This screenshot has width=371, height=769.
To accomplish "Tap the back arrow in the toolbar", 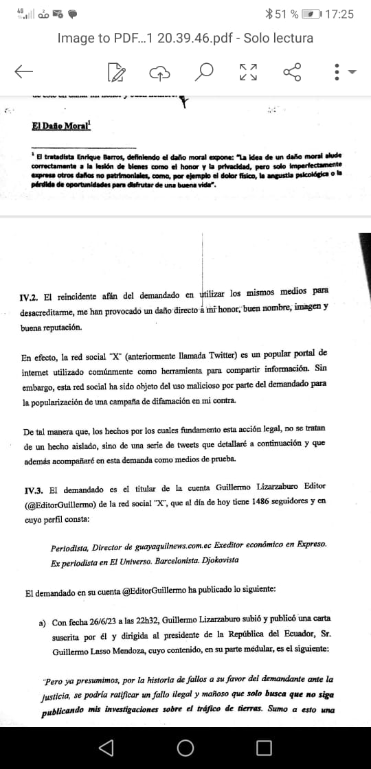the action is click(24, 71).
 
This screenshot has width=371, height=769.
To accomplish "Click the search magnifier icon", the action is click(204, 71).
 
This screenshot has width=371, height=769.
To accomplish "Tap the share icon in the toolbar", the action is click(293, 71).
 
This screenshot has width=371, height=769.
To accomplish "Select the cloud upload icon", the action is click(160, 71).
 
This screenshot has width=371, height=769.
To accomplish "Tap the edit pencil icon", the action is click(117, 71).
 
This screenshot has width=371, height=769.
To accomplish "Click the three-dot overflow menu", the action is click(337, 71).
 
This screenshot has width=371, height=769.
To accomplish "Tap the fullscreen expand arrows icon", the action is click(248, 71).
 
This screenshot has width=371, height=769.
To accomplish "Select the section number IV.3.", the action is click(33, 490).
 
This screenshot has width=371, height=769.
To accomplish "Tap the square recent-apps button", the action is click(262, 747).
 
